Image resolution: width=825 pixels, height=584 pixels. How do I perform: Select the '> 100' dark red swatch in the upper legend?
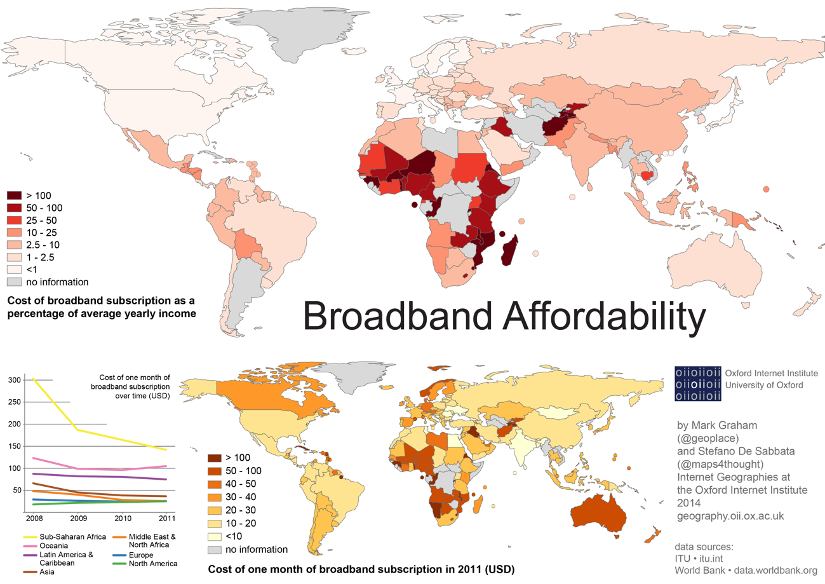click(x=15, y=196)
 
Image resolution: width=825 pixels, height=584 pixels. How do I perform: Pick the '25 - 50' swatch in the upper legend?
click(x=15, y=220)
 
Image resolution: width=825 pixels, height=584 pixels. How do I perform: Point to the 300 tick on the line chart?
click(x=14, y=380)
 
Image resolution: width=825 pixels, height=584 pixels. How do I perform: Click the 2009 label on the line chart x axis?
click(x=74, y=517)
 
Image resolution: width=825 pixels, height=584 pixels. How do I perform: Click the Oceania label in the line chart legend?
click(x=54, y=546)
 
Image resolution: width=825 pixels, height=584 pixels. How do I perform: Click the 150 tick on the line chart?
click(x=14, y=446)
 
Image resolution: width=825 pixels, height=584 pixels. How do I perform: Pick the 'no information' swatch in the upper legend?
click(x=15, y=281)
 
